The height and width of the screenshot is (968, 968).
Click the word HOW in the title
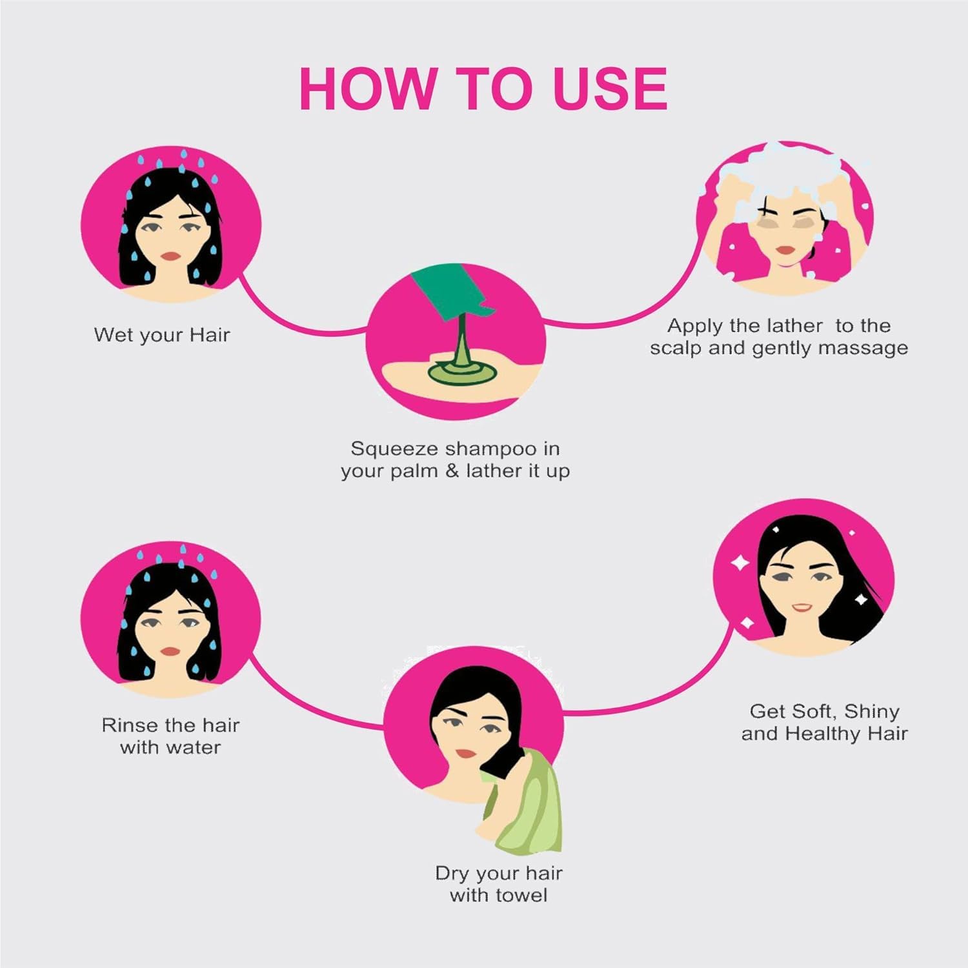[367, 88]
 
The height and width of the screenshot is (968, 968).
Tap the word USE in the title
[610, 88]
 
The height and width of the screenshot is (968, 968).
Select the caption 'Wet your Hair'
[162, 335]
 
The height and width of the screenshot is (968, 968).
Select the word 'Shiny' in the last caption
[871, 712]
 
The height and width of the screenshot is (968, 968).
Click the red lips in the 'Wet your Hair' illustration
[170, 256]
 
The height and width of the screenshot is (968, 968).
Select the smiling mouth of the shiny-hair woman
[802, 607]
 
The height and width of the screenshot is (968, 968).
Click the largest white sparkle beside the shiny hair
[740, 563]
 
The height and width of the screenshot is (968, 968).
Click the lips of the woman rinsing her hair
[170, 652]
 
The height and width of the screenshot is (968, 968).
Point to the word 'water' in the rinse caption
[194, 748]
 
